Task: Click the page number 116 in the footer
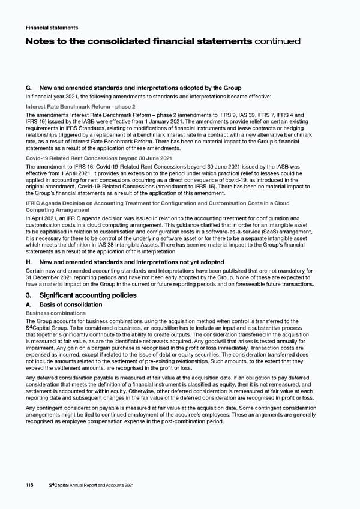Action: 29,484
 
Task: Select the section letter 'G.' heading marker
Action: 29,88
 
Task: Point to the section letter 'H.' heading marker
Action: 29,262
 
